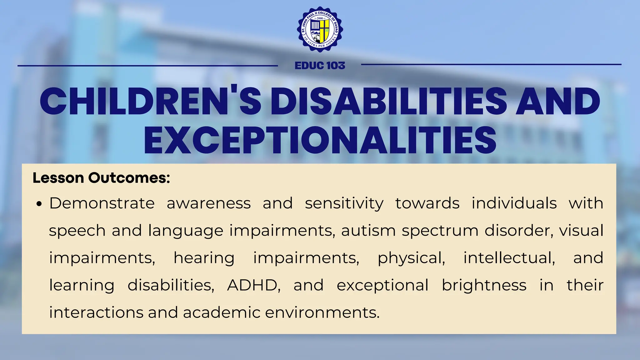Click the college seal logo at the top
[x=320, y=30]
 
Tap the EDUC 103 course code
[x=320, y=66]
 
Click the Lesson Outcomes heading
[x=101, y=178]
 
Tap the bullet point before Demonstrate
[x=39, y=204]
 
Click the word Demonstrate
[x=102, y=203]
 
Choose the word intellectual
[x=509, y=258]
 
